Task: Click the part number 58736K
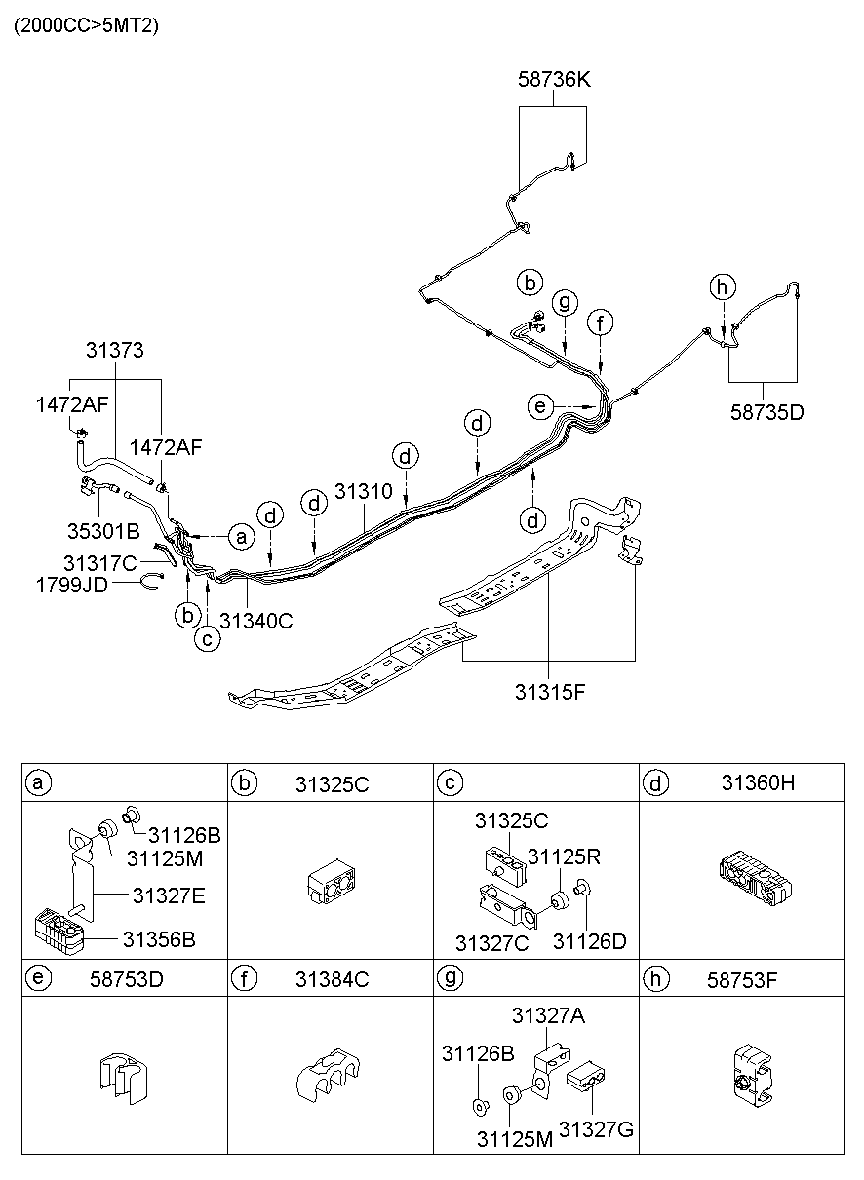tap(553, 80)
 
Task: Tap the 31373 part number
tap(114, 351)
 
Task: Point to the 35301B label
tap(103, 530)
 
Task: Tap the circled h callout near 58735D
tap(723, 286)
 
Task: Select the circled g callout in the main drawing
tap(563, 302)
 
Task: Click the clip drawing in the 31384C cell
tap(329, 1076)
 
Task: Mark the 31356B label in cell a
tap(159, 939)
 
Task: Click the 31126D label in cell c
tap(589, 941)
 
